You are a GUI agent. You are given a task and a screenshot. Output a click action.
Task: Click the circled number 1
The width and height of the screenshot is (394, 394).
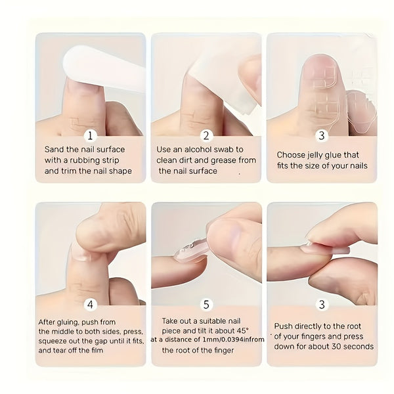[x=91, y=136]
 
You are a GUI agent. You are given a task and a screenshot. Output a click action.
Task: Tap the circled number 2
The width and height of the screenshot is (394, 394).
[x=206, y=136]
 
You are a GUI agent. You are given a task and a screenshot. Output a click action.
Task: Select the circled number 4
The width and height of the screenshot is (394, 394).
[x=91, y=305]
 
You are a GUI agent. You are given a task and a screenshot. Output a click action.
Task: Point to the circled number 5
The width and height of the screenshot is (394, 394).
[x=206, y=305]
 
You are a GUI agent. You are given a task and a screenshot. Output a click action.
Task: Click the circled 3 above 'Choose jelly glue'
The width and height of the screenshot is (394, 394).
[x=321, y=136]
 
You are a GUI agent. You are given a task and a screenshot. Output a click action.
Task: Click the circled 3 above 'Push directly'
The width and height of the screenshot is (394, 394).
[x=321, y=305]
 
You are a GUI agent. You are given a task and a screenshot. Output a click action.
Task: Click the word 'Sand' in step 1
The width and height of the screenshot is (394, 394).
[x=55, y=150]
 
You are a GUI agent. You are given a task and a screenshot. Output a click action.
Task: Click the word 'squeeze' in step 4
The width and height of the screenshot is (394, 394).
[x=53, y=341]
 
